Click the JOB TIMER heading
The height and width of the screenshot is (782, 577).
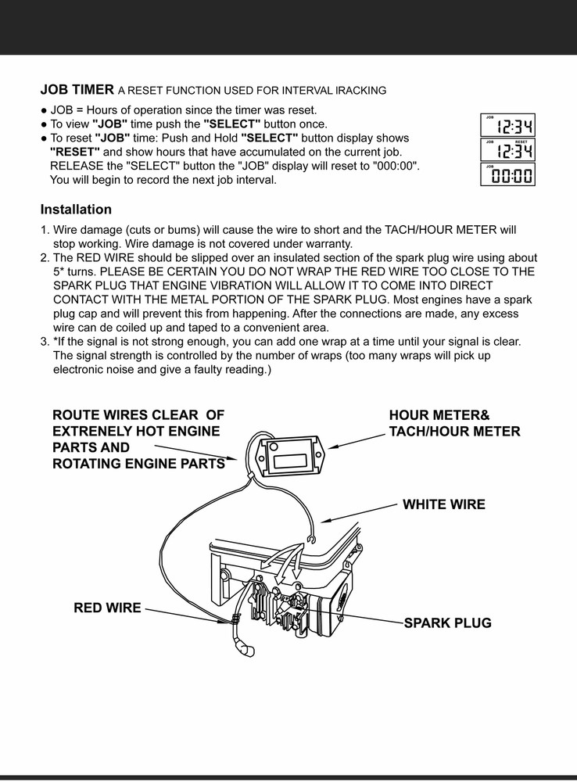[x=77, y=89]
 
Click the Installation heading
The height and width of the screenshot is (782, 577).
[x=76, y=210]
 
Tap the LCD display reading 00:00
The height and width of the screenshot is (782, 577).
[x=507, y=175]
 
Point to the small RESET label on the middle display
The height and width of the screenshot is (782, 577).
[x=521, y=142]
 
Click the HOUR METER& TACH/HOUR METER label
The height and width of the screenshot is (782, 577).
[x=454, y=423]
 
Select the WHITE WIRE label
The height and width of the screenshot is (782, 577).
[x=443, y=505]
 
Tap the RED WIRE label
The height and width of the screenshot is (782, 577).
[x=107, y=608]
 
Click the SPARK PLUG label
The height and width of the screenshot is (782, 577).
[x=447, y=623]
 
